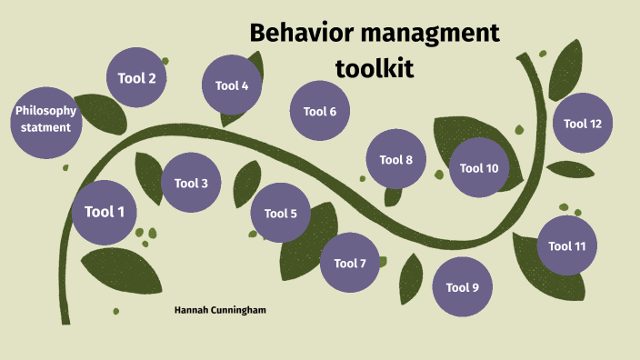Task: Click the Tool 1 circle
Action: pyautogui.click(x=105, y=213)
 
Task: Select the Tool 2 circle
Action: pyautogui.click(x=136, y=78)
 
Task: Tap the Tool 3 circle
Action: pyautogui.click(x=192, y=183)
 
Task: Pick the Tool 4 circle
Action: pyautogui.click(x=232, y=86)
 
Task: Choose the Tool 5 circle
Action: pyautogui.click(x=281, y=214)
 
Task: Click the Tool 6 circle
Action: pyautogui.click(x=320, y=112)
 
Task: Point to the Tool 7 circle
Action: pyautogui.click(x=350, y=264)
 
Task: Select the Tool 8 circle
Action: pyautogui.click(x=396, y=160)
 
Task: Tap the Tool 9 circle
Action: pyautogui.click(x=462, y=288)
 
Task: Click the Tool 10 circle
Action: pyautogui.click(x=479, y=168)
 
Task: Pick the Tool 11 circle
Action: pyautogui.click(x=567, y=245)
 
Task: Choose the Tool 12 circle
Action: pyautogui.click(x=583, y=124)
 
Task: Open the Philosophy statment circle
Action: pyautogui.click(x=45, y=119)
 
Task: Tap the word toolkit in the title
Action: pyautogui.click(x=375, y=67)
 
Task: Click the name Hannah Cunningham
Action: pyautogui.click(x=220, y=310)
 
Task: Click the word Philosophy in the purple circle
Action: pyautogui.click(x=45, y=111)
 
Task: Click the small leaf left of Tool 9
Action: pyautogui.click(x=411, y=276)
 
